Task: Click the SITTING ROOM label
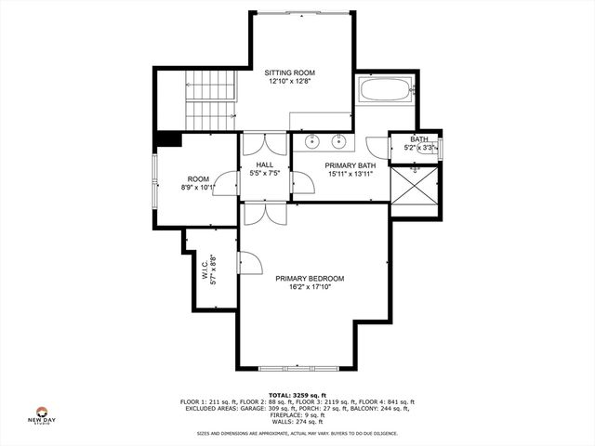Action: point(289,72)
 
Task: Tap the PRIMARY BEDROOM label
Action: point(310,278)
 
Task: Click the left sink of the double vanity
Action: point(312,142)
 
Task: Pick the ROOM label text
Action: point(198,179)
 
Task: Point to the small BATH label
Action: point(419,139)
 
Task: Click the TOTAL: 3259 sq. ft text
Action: point(298,394)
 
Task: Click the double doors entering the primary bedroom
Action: point(266,212)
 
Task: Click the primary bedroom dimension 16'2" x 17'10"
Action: point(310,288)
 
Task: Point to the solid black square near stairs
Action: point(168,139)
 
